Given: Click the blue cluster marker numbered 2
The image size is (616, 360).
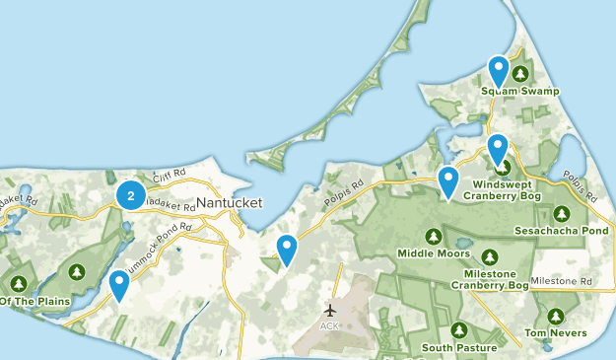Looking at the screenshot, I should coord(130,195).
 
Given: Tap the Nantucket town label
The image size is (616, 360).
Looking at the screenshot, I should coord(229,202).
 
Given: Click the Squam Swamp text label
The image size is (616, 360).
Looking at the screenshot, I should coord(520,92).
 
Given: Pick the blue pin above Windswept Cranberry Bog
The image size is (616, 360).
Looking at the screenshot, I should coord(498,149).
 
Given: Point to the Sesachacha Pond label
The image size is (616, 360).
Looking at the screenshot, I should coord(561,231).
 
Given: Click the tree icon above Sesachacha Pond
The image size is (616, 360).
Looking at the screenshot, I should coord(562,212).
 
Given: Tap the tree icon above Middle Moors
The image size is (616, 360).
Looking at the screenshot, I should coord(433,236).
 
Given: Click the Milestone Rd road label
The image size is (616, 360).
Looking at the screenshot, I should coord(561,282).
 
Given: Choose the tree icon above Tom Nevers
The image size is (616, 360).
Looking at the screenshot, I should coord(556,317).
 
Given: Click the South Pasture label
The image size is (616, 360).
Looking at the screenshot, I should coord(458,347).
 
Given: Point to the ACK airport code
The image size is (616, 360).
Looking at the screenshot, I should coord(329,325).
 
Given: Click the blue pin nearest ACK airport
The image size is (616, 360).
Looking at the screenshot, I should coord(287,250).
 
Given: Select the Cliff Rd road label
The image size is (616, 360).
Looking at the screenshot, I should coord(170,175).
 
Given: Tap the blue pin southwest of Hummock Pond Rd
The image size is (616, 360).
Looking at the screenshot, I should coord(119,285).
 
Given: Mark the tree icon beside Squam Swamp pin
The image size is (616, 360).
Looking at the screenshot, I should coord(519,73).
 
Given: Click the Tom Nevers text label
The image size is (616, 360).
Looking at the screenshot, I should coord(556,334).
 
